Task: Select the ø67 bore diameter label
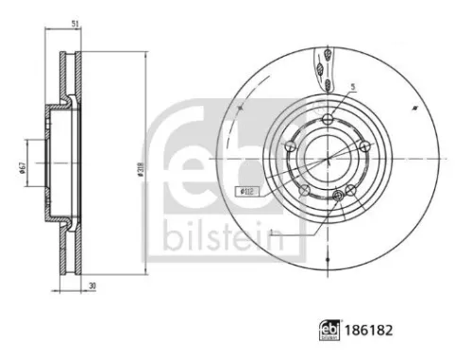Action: click(20, 168)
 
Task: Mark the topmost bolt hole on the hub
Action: click(328, 120)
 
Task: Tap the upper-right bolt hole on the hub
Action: click(363, 146)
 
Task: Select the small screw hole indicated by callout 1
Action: click(337, 196)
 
